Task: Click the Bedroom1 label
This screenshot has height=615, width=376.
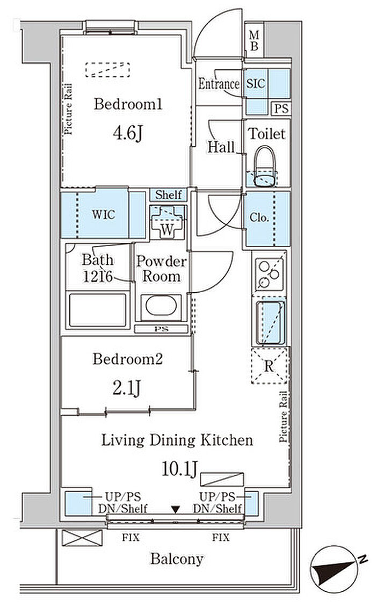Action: pyautogui.click(x=128, y=104)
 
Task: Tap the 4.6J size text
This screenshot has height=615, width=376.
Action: pyautogui.click(x=127, y=133)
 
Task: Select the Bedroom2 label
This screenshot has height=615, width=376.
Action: pyautogui.click(x=127, y=359)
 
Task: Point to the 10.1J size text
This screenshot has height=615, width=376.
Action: pyautogui.click(x=179, y=468)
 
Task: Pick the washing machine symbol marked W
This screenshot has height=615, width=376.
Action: pyautogui.click(x=168, y=222)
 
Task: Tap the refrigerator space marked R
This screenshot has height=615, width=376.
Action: pyautogui.click(x=269, y=366)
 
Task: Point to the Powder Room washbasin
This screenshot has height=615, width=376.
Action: pyautogui.click(x=161, y=306)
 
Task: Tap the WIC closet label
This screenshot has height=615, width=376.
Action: pyautogui.click(x=104, y=214)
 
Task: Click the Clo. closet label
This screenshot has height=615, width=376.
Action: pyautogui.click(x=259, y=218)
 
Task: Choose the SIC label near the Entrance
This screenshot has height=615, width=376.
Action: pyautogui.click(x=256, y=83)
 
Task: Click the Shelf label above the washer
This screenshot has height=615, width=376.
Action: pyautogui.click(x=169, y=194)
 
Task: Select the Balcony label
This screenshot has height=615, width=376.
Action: pyautogui.click(x=177, y=559)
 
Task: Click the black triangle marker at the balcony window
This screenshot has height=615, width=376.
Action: pyautogui.click(x=176, y=510)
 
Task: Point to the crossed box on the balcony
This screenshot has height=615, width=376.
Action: pyautogui.click(x=82, y=538)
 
